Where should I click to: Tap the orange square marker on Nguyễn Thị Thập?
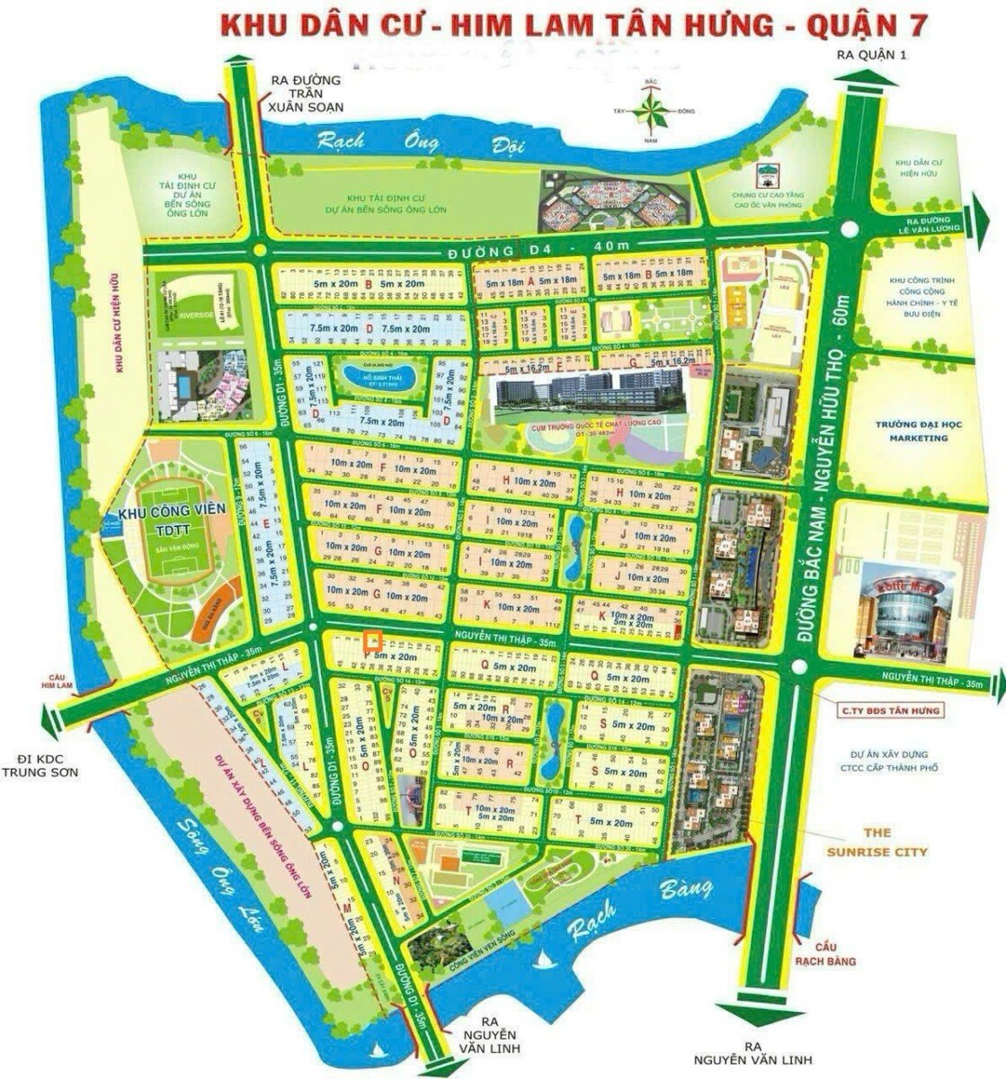coord(374,642)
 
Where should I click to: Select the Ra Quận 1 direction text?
coord(873,55)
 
